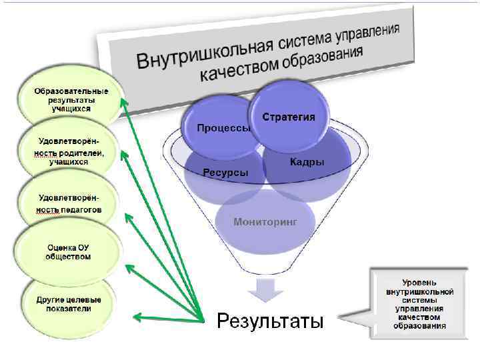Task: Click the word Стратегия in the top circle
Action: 289,117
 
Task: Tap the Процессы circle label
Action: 223,128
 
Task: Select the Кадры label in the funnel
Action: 307,162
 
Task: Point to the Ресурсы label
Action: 226,173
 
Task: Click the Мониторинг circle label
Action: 264,221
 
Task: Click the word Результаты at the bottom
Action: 271,322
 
